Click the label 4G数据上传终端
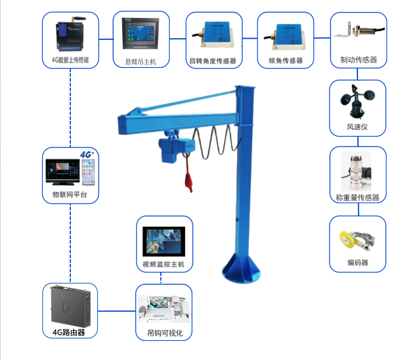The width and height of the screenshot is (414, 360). click(70, 60)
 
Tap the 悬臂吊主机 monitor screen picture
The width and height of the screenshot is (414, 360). click(141, 35)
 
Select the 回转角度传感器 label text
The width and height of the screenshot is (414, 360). click(213, 61)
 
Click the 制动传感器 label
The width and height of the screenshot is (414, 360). click(358, 60)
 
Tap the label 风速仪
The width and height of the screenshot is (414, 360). click(357, 128)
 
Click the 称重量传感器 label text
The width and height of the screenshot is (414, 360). click(357, 197)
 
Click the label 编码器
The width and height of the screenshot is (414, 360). click(357, 263)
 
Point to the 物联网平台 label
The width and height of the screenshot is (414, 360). click(70, 194)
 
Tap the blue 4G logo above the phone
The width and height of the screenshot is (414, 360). click(88, 154)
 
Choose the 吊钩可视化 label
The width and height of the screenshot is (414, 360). click(164, 334)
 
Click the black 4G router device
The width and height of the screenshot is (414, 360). click(70, 305)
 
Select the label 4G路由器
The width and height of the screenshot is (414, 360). click(70, 333)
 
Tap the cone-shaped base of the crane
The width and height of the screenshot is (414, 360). click(242, 268)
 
